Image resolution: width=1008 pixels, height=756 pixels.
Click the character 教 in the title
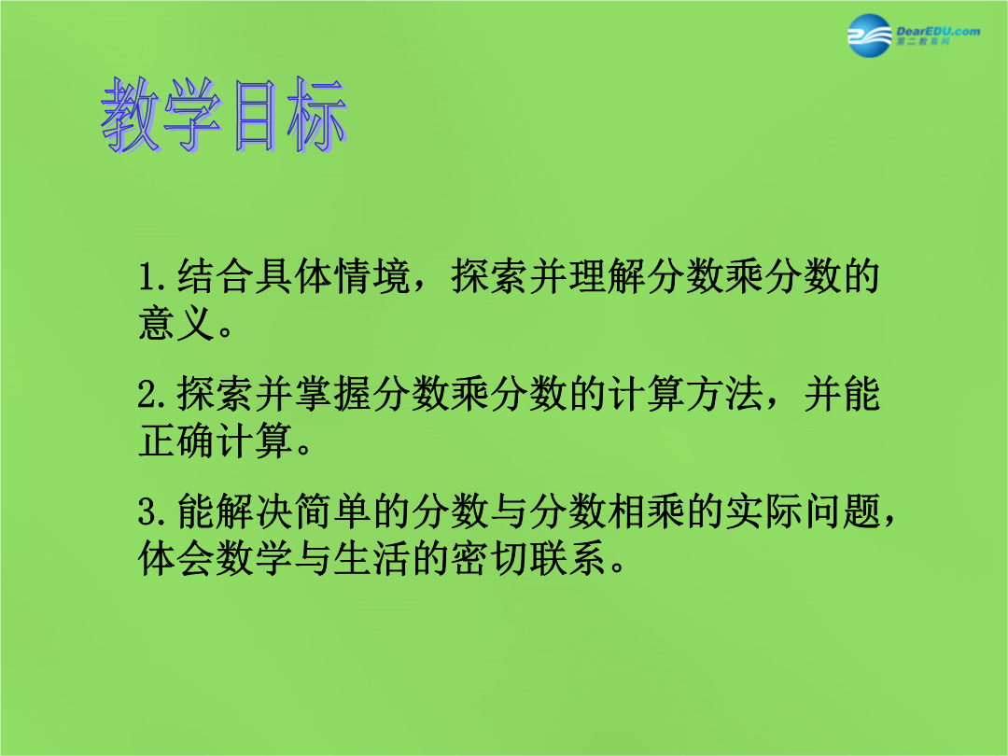132,116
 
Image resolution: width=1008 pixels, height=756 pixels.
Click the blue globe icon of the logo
870,35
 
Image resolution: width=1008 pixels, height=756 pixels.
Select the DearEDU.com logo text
938,31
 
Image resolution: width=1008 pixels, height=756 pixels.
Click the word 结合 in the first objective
216,276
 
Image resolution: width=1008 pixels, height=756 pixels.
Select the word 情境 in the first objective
371,276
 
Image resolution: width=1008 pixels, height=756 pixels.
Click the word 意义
176,323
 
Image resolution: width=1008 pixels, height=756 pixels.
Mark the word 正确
176,441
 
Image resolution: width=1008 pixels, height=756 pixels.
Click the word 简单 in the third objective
333,512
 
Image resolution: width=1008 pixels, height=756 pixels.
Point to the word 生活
371,559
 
